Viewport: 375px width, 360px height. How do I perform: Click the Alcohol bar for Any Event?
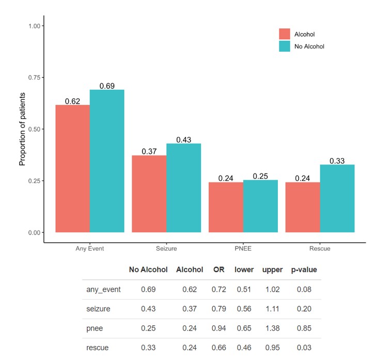click(x=72, y=168)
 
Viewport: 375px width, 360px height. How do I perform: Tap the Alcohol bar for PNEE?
click(x=226, y=207)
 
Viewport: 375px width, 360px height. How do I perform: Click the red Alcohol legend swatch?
click(x=285, y=34)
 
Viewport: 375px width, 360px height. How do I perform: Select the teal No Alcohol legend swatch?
click(x=285, y=46)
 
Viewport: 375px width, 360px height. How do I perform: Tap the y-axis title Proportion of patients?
click(x=22, y=129)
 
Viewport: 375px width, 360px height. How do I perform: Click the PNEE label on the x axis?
click(x=243, y=248)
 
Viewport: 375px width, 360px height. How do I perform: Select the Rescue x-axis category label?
click(x=320, y=248)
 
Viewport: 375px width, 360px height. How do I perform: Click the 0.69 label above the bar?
click(x=107, y=86)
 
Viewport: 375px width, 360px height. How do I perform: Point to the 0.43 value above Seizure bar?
click(x=183, y=139)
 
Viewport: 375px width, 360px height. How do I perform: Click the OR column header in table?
click(x=218, y=270)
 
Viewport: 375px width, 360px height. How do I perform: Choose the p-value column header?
click(x=304, y=270)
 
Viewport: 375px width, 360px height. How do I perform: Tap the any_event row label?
click(x=103, y=289)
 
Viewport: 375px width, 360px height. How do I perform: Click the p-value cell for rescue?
click(x=304, y=348)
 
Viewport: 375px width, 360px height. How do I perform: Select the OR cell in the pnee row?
click(x=218, y=328)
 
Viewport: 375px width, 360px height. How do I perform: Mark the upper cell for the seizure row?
click(x=272, y=309)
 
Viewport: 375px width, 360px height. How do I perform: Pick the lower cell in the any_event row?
click(x=244, y=289)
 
